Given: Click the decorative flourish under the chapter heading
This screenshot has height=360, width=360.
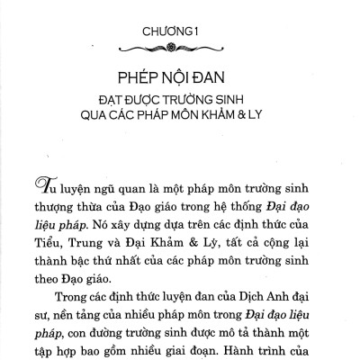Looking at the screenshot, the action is [182, 48].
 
